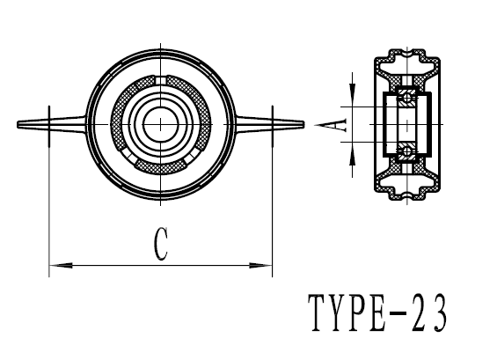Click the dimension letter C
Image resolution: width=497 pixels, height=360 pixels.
pos(160,246)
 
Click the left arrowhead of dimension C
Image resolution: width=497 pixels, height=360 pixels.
pos(55,264)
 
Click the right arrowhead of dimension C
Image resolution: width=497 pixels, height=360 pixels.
pos(266,264)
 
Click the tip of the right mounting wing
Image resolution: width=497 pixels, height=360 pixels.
pos(302,124)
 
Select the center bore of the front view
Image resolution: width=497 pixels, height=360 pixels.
pos(160,123)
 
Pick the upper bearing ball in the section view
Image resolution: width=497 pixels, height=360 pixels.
pos(406,95)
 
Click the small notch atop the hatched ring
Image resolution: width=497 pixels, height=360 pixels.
pos(160,81)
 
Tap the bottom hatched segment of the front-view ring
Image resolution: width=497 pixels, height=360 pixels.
pos(160,167)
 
